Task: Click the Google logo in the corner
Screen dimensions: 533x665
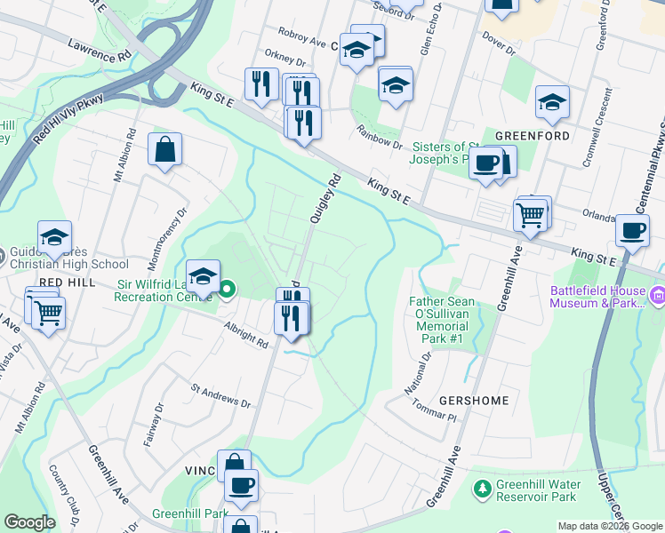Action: pos(29,522)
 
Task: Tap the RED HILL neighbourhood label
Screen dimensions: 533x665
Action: pos(61,282)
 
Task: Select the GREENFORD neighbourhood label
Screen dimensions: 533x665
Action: pos(532,136)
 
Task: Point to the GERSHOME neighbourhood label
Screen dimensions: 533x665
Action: pos(473,401)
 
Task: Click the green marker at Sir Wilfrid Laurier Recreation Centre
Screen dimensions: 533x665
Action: pos(228,288)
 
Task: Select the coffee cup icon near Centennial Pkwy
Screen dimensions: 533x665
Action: pos(632,231)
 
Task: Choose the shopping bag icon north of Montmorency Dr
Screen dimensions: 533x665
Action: pos(165,151)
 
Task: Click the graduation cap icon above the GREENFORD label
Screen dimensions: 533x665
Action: pos(552,103)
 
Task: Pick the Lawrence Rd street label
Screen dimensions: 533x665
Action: pos(97,50)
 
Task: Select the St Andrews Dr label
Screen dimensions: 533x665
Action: pos(221,396)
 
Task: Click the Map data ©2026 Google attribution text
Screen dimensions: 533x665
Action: pos(610,526)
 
